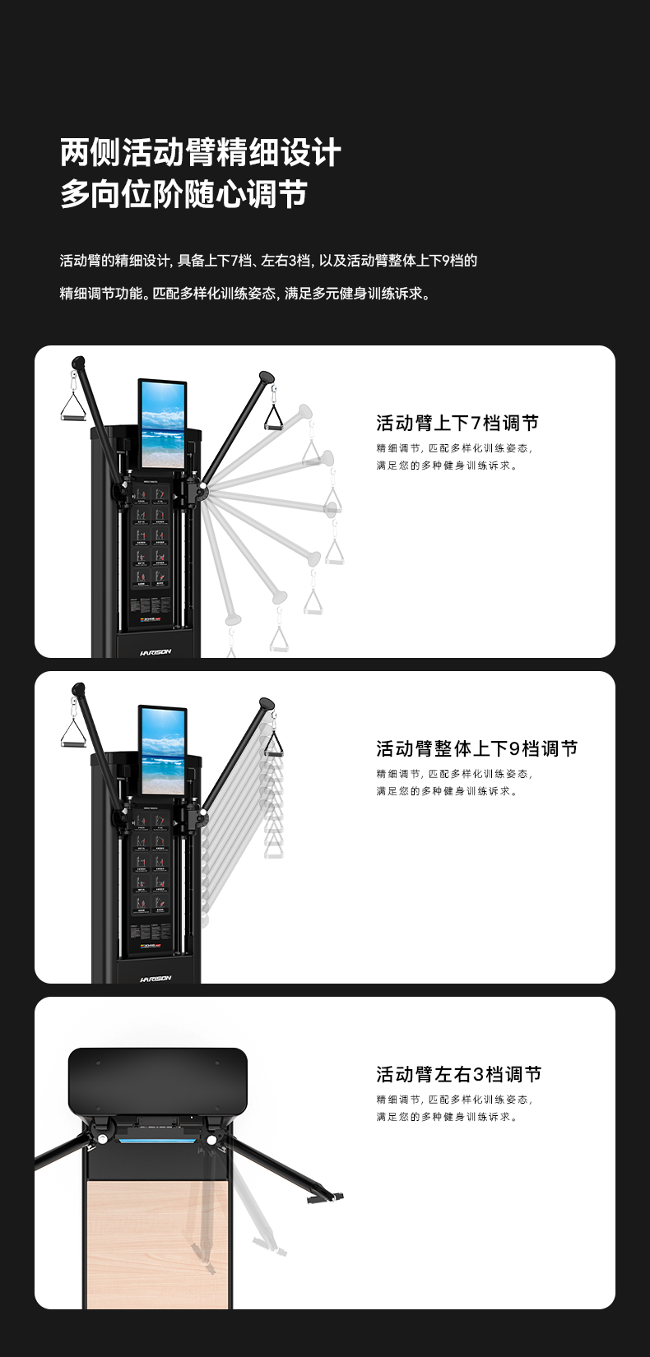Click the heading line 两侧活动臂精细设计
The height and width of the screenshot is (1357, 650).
pyautogui.click(x=200, y=152)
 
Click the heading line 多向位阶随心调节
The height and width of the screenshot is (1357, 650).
pyautogui.click(x=183, y=194)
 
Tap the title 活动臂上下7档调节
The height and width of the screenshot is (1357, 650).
pyautogui.click(x=457, y=423)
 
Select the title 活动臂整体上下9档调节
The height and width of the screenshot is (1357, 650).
pyautogui.click(x=476, y=748)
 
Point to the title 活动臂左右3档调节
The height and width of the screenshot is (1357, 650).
pyautogui.click(x=458, y=1074)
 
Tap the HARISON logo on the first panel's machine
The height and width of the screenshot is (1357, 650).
pyautogui.click(x=156, y=651)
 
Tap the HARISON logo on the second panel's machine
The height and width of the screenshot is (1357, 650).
pyautogui.click(x=156, y=978)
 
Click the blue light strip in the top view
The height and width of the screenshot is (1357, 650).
pyautogui.click(x=158, y=1141)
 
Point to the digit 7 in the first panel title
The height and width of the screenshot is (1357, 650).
pyautogui.click(x=475, y=423)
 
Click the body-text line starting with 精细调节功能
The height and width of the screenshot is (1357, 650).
pyautogui.click(x=245, y=294)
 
